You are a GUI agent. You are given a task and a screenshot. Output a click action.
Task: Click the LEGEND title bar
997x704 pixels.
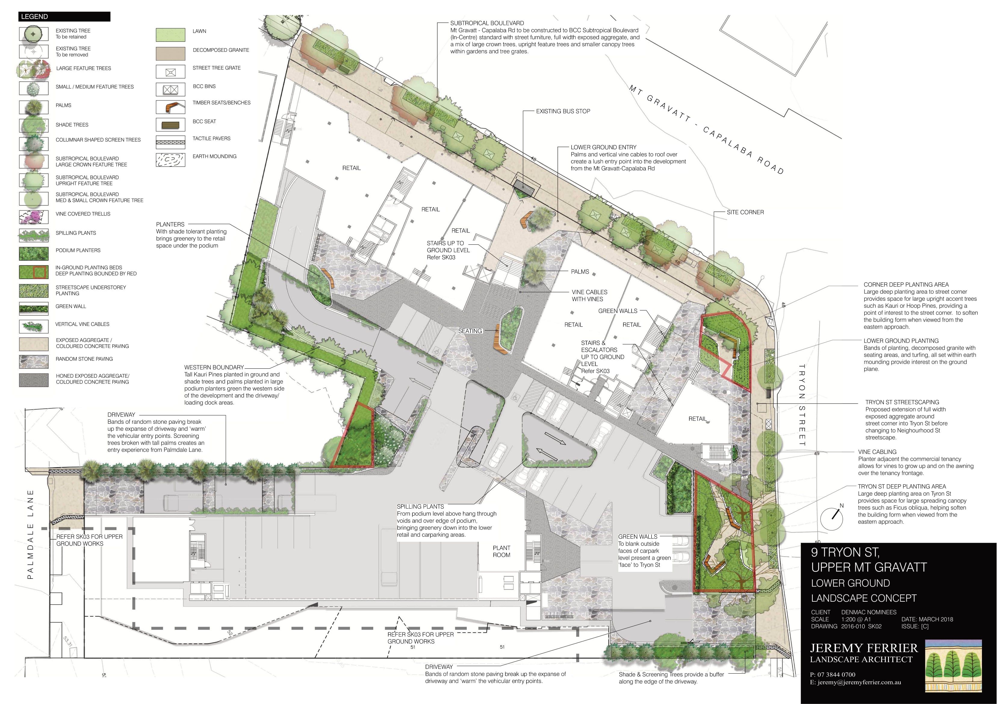64,17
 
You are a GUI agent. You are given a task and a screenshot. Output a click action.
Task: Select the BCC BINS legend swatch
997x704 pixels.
168,89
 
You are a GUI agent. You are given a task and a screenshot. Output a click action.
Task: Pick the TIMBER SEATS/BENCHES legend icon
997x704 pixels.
168,106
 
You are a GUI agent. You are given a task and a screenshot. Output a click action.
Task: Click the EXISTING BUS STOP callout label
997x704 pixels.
563,111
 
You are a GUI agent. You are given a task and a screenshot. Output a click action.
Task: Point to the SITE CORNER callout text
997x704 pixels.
745,212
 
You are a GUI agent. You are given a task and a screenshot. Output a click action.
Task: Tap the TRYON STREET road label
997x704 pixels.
802,405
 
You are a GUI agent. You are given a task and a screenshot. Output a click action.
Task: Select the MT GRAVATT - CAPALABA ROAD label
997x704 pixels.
707,129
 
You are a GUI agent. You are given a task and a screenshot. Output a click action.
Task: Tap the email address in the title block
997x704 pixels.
856,682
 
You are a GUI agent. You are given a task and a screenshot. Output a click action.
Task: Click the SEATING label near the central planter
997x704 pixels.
470,331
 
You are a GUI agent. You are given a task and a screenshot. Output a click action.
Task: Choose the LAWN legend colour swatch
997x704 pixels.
168,34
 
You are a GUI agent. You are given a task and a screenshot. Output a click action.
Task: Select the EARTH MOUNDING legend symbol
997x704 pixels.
168,160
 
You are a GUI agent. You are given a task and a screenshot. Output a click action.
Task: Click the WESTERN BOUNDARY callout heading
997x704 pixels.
214,368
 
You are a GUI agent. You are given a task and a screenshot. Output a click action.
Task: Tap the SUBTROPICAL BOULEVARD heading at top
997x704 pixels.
487,23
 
